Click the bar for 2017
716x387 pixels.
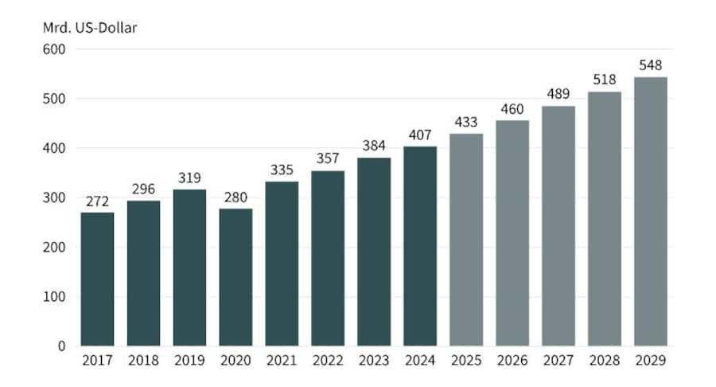coord(97,279)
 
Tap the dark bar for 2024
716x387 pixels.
coord(420,246)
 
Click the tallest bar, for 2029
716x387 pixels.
coord(651,211)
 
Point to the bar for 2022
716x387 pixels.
coord(328,258)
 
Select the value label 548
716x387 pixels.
coord(651,64)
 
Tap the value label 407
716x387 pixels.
coord(420,135)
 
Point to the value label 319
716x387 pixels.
coord(189,178)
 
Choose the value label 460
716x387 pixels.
coord(512,108)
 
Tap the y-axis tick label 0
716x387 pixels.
coord(60,346)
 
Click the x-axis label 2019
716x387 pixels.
coord(189,362)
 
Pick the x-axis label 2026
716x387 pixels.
coord(512,362)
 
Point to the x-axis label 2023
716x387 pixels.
coord(374,362)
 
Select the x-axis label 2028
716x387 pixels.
coord(605,362)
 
